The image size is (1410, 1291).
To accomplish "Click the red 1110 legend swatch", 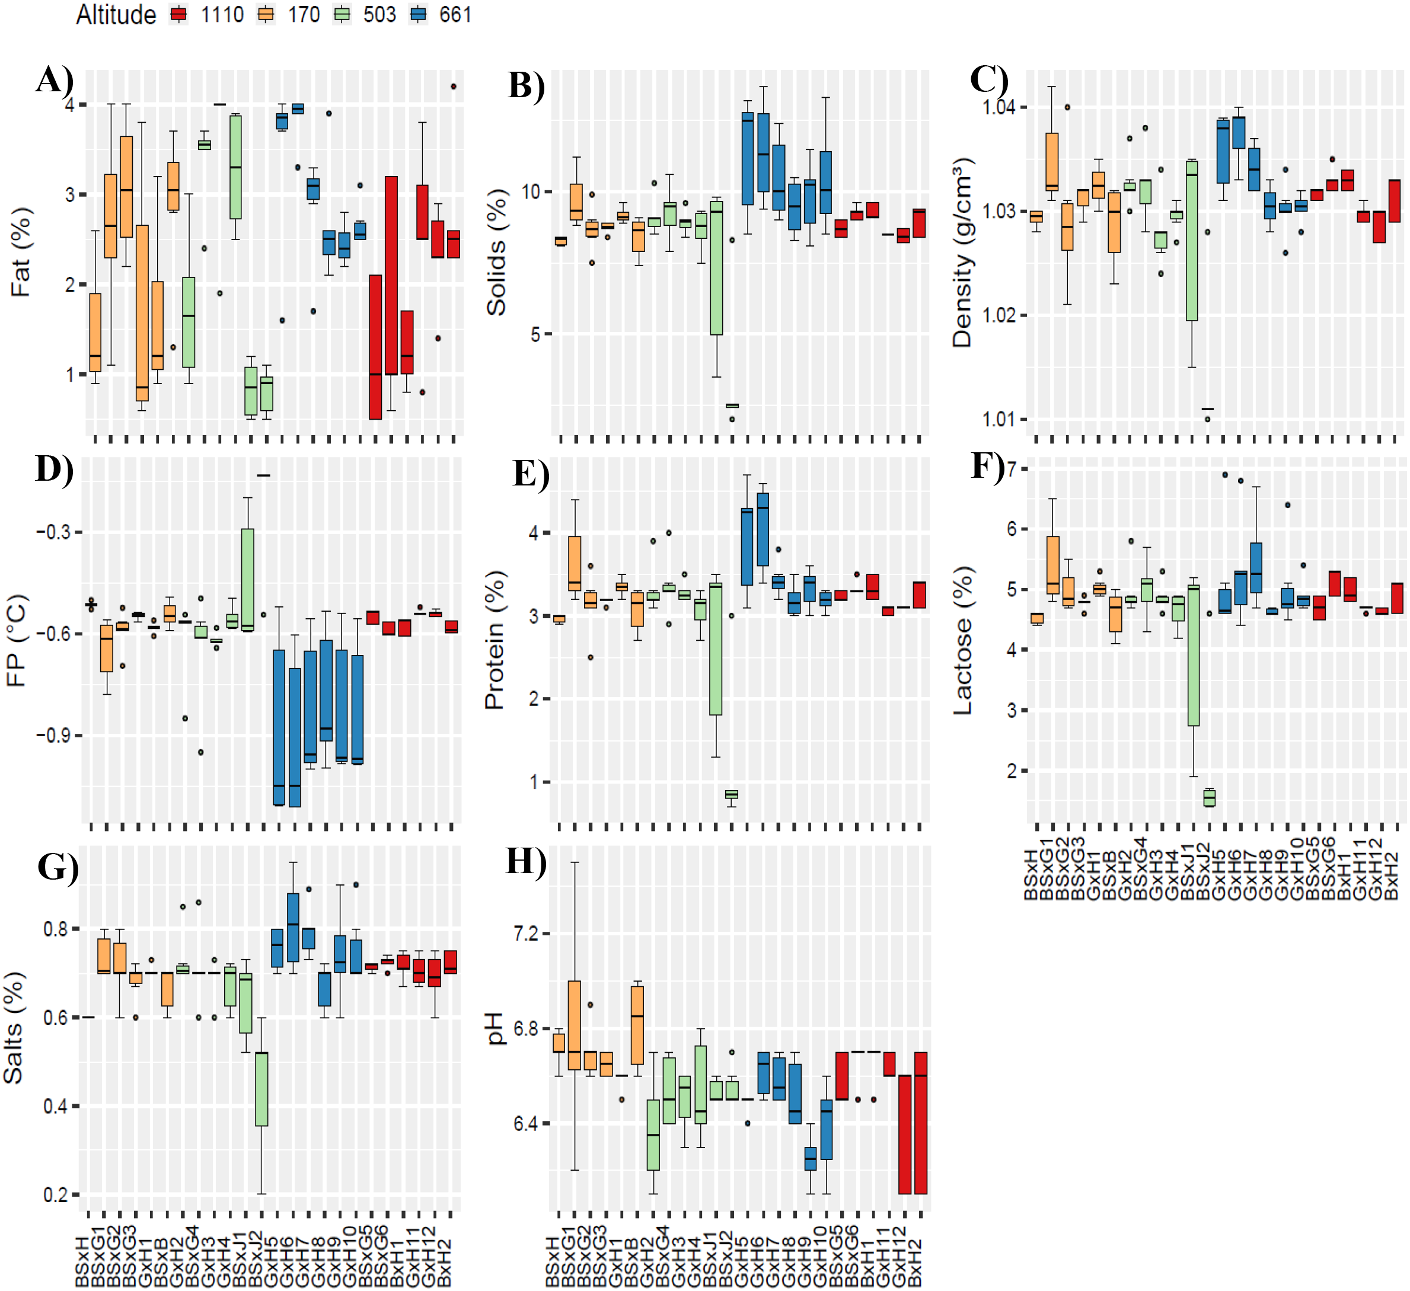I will (179, 15).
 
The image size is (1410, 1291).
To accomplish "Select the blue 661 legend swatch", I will (418, 15).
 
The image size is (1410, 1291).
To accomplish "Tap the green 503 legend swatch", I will (342, 15).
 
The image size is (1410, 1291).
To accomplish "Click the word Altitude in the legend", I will (116, 15).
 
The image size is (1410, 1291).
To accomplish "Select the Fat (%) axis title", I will (21, 253).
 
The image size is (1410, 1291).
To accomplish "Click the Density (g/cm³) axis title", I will (962, 253).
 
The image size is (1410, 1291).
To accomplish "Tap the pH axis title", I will (495, 1028).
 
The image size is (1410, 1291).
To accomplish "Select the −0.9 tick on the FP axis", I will (53, 736).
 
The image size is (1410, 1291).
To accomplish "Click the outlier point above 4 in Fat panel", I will (453, 87).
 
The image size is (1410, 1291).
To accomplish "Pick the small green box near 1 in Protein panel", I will (732, 794).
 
